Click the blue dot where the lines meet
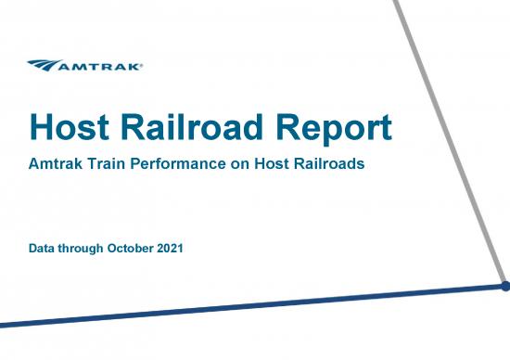pyautogui.click(x=504, y=287)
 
